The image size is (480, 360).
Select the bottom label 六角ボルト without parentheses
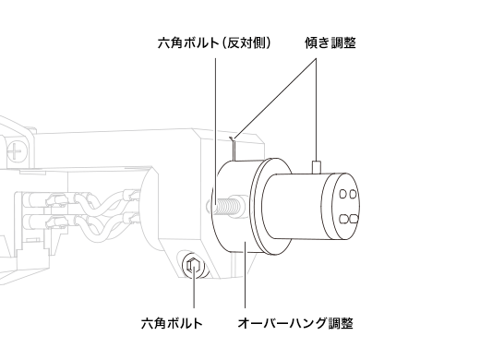click(x=172, y=323)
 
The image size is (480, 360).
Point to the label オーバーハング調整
click(x=294, y=323)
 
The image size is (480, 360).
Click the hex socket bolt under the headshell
click(x=194, y=267)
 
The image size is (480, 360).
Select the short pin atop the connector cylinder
click(x=316, y=165)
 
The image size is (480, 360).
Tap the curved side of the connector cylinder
click(x=295, y=208)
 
